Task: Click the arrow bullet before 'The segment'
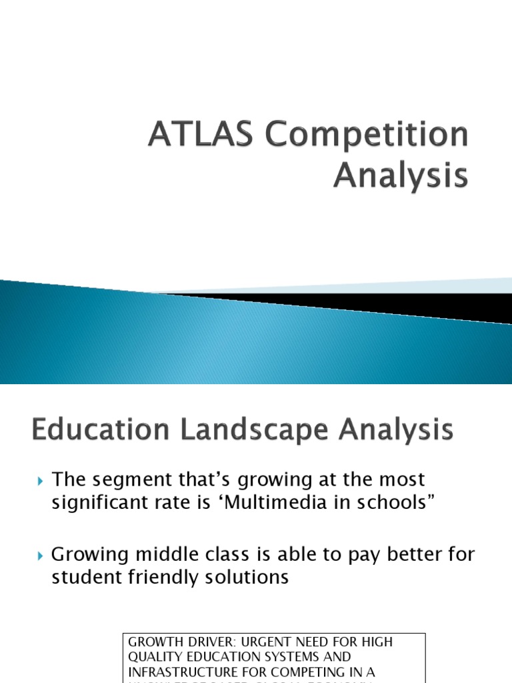(x=41, y=480)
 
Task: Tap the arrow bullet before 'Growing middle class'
(x=41, y=555)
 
